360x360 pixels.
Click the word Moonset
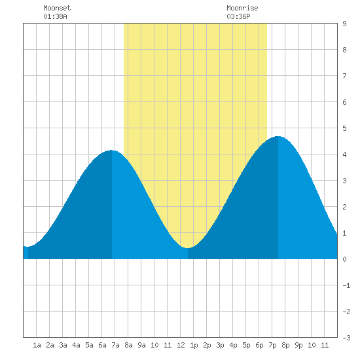tap(57, 8)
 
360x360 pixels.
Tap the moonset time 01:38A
tap(55, 16)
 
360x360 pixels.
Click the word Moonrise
tap(242, 8)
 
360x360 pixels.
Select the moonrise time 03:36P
tap(238, 16)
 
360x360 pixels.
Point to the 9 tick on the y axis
tap(344, 24)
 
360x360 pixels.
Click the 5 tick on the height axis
tap(344, 128)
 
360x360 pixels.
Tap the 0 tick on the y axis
tap(344, 259)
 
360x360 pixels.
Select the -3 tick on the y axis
tap(346, 338)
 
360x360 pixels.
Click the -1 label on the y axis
tap(346, 285)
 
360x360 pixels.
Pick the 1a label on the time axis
tap(37, 345)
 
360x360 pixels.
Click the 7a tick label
tap(115, 345)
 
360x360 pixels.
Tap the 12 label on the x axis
tap(181, 345)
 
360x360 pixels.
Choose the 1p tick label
tap(194, 345)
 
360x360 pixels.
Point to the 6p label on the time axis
tap(259, 345)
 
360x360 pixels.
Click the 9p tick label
tap(298, 345)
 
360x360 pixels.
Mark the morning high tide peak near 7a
tap(111, 150)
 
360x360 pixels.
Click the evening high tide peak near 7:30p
tap(278, 136)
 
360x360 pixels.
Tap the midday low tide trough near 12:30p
tap(188, 248)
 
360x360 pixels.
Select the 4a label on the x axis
tap(76, 345)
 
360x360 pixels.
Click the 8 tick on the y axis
tap(344, 50)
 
